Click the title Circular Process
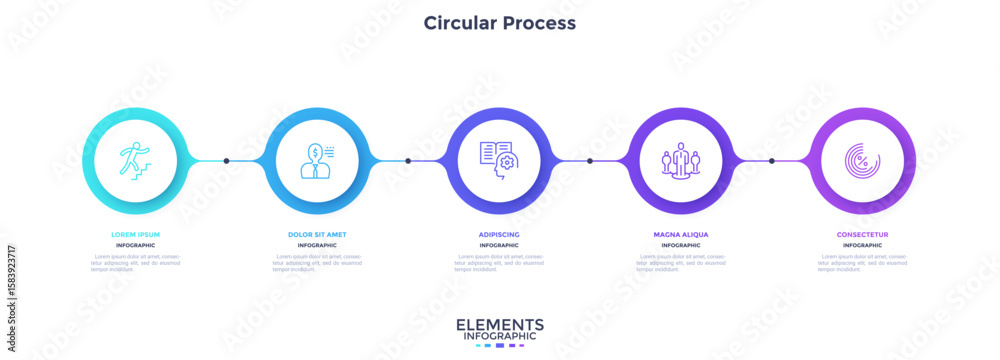click(499, 22)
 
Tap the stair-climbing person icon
click(135, 160)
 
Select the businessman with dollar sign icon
click(317, 160)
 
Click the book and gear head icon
click(499, 160)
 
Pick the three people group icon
click(681, 160)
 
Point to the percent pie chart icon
click(862, 160)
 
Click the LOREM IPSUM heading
click(135, 234)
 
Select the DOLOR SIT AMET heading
click(317, 234)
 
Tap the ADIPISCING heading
click(499, 234)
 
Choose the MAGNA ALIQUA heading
click(681, 234)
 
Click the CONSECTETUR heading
click(862, 234)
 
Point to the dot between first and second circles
click(226, 160)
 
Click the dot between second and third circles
click(408, 160)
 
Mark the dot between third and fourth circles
click(590, 160)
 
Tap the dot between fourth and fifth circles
click(771, 160)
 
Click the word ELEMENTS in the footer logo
click(499, 325)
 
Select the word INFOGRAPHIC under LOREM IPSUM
click(135, 245)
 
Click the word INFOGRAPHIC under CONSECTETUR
click(862, 245)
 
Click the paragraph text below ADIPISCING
click(499, 263)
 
